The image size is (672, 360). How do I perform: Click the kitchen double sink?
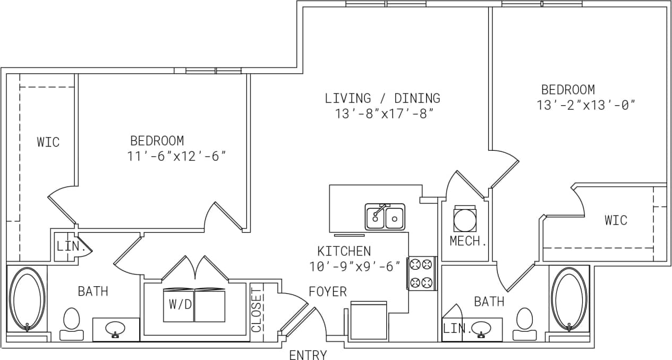(x=385, y=217)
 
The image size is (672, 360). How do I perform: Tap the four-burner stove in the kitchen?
(x=422, y=273)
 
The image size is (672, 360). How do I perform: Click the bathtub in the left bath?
(x=27, y=299)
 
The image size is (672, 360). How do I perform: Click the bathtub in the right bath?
(x=569, y=299)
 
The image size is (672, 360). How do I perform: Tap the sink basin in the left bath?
(x=116, y=329)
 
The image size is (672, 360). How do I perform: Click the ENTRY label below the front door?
(x=308, y=355)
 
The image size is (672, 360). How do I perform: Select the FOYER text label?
(x=328, y=292)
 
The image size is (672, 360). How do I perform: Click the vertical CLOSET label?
(x=257, y=310)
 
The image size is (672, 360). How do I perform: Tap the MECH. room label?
(x=468, y=241)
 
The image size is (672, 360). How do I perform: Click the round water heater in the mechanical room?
(x=465, y=218)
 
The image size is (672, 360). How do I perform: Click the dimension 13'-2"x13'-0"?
(x=586, y=105)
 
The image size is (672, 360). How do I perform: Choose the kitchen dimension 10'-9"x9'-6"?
(x=354, y=267)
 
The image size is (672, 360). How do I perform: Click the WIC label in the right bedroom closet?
(x=616, y=220)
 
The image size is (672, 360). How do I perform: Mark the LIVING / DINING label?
(x=382, y=98)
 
